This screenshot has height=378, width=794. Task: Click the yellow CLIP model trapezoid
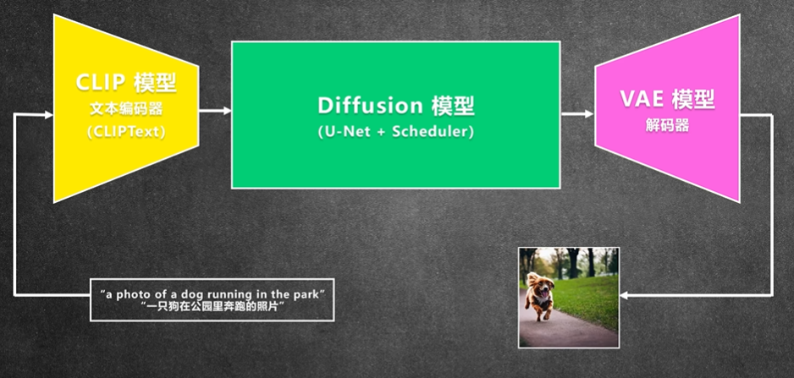[x=125, y=109]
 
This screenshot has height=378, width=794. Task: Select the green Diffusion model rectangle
[x=395, y=115]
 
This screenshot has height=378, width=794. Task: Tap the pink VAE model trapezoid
[x=667, y=108]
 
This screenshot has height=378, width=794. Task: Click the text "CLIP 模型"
[x=125, y=83]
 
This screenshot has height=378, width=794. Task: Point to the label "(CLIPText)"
[x=126, y=132]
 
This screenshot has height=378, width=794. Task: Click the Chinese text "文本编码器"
[x=126, y=109]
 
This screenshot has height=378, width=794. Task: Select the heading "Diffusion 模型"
[x=396, y=106]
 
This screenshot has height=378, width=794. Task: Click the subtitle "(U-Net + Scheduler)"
[x=396, y=132]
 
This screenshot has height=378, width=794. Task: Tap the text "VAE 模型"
[x=667, y=99]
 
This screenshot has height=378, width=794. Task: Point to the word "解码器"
[x=667, y=125]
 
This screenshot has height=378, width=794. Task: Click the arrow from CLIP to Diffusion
[x=215, y=110]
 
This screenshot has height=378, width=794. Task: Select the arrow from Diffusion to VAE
[x=577, y=114]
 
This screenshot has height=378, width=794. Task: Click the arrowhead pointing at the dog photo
[x=624, y=295]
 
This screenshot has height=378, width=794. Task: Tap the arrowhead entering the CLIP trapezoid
[x=49, y=115]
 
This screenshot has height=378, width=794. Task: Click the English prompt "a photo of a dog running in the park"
[x=212, y=294]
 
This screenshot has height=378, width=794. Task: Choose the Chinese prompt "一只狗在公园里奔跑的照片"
[x=212, y=306]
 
